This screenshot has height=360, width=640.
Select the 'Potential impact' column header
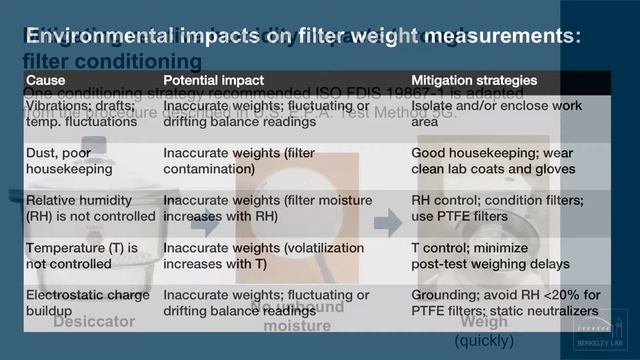tap(213, 79)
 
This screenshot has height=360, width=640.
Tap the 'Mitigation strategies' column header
tap(474, 79)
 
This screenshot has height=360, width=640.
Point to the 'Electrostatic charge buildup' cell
tap(87, 303)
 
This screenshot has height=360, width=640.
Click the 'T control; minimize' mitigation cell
tap(484, 256)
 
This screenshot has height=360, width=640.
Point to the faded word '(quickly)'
tap(484, 341)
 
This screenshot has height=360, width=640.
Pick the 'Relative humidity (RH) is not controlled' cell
tap(89, 208)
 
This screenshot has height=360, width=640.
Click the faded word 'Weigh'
tap(484, 323)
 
